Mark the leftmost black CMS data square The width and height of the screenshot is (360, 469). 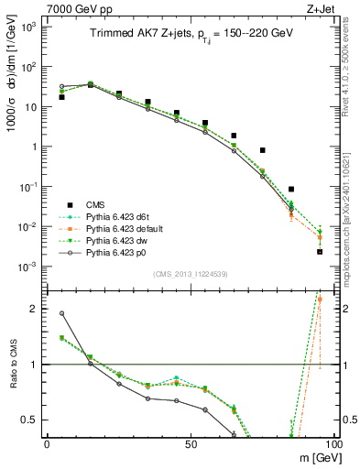(61, 96)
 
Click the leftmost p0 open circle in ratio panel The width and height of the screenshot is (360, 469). (61, 313)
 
